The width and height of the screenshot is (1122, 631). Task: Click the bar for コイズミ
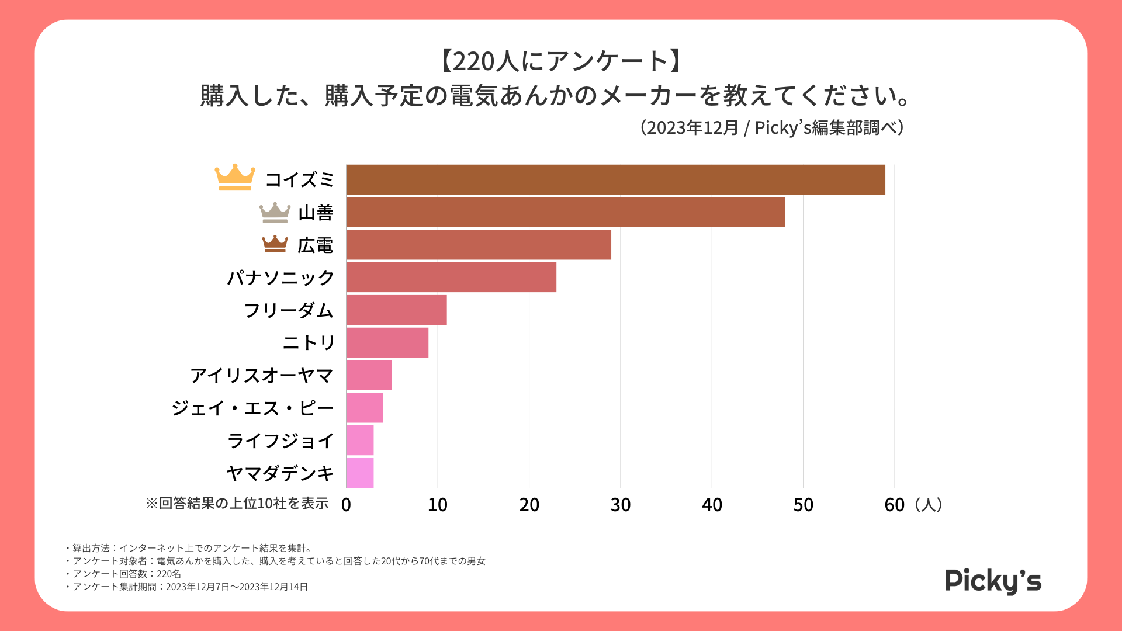615,179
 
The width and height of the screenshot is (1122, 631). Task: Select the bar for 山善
565,212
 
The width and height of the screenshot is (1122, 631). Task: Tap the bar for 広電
479,245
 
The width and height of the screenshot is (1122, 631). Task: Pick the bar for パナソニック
451,278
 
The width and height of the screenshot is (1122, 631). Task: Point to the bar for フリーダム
396,310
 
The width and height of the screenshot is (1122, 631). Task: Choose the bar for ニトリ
387,342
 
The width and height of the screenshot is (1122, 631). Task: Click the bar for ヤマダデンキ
360,473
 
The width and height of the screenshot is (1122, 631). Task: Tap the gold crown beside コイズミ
235,177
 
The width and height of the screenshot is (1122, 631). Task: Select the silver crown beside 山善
275,213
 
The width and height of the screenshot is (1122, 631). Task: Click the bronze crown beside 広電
275,244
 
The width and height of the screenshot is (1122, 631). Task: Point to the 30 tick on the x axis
620,505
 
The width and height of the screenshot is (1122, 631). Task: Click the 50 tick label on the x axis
803,505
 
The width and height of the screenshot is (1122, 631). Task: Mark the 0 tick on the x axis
346,505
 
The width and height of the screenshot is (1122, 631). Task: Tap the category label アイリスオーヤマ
262,375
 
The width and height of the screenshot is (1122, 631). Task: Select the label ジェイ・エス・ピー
252,408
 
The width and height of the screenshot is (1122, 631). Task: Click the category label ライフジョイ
280,441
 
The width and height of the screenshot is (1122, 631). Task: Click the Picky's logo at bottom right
993,581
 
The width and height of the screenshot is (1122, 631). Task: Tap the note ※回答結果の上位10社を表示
237,503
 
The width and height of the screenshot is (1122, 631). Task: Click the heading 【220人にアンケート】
560,61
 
